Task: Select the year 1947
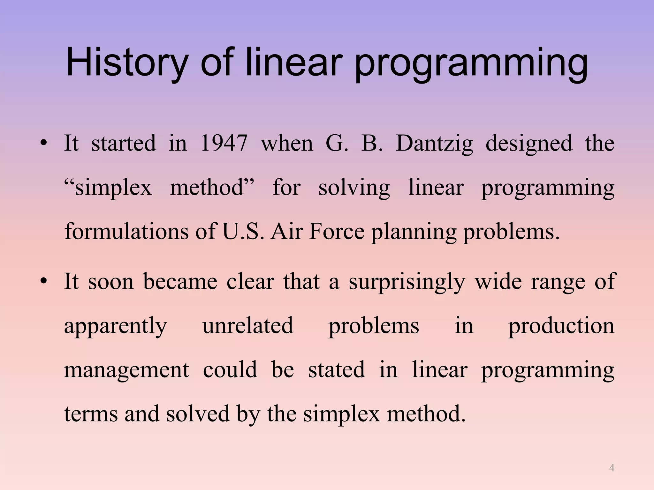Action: point(224,143)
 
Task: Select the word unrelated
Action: point(248,325)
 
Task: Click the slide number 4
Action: point(612,468)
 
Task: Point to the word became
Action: point(180,281)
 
